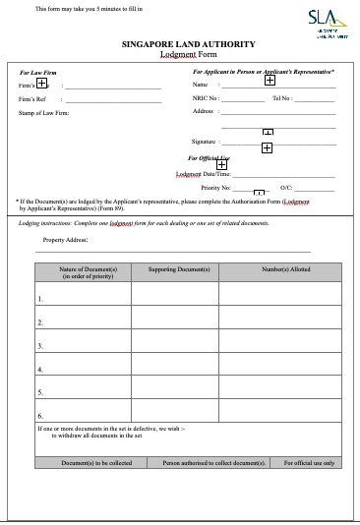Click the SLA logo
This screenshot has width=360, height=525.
coord(321,20)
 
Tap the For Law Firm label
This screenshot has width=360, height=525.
coord(38,73)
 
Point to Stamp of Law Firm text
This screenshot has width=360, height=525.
coord(44,112)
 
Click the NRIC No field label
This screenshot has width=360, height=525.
coord(206,98)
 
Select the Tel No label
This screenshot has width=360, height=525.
coord(282,98)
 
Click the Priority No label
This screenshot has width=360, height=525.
coord(215,186)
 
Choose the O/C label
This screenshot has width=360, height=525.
coord(286,186)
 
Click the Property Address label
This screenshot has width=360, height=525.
coord(66,239)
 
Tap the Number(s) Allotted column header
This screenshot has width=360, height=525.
coord(280,268)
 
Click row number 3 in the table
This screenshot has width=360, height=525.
coord(40,346)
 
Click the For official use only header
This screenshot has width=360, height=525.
coord(309,462)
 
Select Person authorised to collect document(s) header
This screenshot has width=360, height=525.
coord(214,462)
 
